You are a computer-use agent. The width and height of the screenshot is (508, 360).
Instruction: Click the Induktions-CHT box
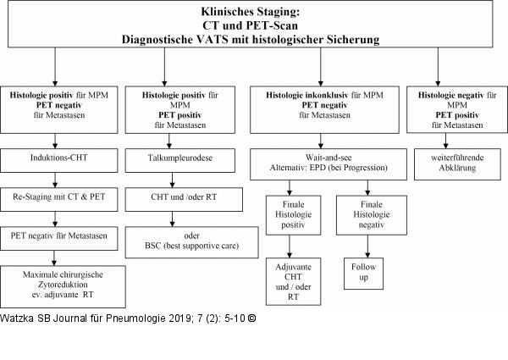59,160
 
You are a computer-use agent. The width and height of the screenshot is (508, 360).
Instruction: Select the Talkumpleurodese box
180,160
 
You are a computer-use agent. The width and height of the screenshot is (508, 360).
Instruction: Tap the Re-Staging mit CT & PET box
59,200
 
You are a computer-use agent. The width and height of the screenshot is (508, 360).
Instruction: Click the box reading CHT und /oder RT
184,200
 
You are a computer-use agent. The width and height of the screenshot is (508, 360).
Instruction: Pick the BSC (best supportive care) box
192,242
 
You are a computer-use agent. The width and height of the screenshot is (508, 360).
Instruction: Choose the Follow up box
363,274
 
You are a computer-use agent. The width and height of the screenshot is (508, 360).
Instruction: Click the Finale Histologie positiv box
293,215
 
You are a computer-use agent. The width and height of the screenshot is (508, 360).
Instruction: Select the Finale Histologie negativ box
372,215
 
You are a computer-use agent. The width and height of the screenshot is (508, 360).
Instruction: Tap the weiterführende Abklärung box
457,164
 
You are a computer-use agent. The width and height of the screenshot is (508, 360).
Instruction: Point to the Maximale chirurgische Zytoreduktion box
63,287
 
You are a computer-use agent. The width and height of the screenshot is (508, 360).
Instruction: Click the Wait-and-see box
329,164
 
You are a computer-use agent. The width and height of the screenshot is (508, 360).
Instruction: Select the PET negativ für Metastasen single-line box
59,239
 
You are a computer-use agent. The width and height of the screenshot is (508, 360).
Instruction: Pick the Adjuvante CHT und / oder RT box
293,281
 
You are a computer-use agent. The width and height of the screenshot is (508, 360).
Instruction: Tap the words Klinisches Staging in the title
251,12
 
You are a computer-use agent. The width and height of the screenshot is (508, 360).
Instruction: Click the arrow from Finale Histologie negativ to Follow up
367,246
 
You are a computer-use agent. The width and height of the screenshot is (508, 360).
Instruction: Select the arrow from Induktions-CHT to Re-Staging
55,180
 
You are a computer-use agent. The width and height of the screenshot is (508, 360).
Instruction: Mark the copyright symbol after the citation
251,318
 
